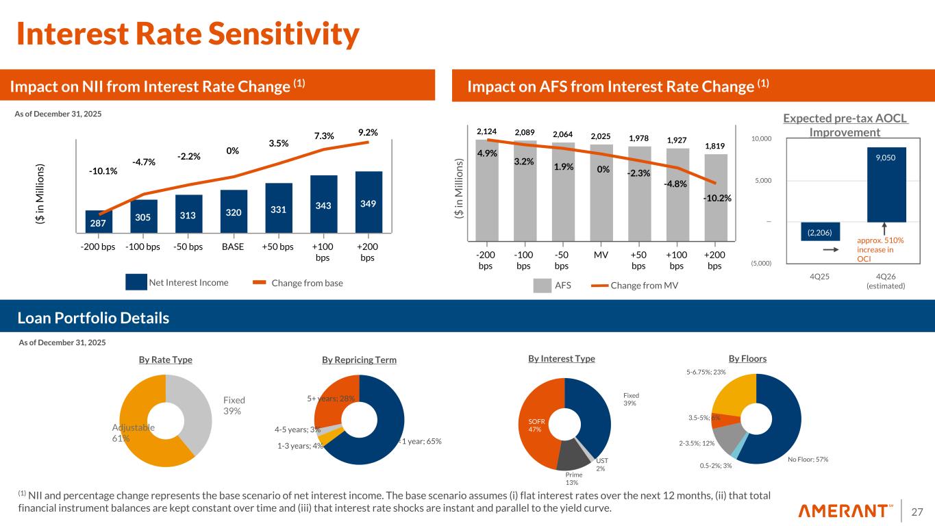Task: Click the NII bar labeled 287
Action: coord(99,222)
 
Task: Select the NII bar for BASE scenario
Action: coord(234,212)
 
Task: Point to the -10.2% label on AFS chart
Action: coord(717,199)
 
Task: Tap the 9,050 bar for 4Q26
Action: coord(886,184)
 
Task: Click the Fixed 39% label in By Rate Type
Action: coord(234,405)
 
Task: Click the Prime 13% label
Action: coord(573,478)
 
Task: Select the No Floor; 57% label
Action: coord(808,459)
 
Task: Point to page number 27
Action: coord(916,511)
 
